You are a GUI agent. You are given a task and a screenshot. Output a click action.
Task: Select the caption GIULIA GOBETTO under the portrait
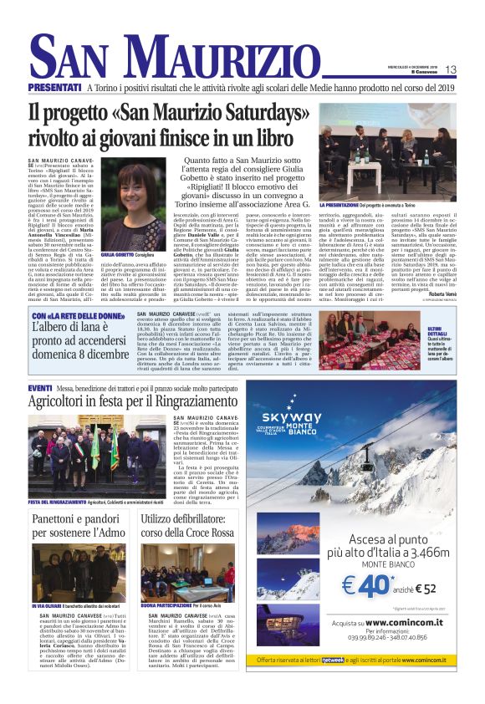[117, 254]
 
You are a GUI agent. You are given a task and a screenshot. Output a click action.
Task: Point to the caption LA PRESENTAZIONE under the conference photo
[345, 203]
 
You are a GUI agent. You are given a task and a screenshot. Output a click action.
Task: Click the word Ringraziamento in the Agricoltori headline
[188, 405]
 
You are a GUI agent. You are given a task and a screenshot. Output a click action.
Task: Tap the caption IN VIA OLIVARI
[50, 605]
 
